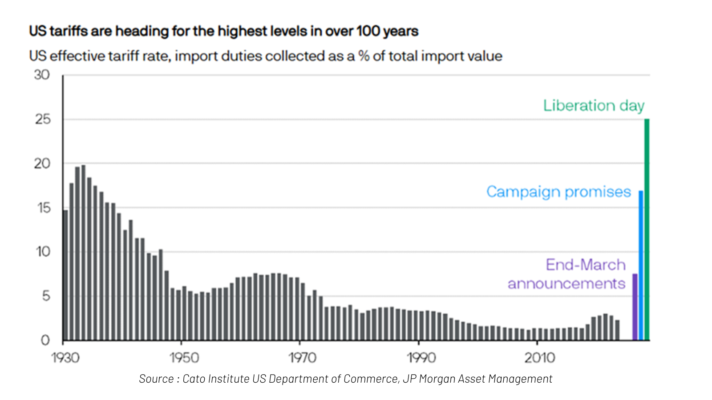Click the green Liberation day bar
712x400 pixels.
tap(647, 229)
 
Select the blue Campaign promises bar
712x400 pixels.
tap(641, 265)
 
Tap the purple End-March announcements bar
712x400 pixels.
tap(635, 307)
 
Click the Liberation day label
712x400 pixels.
tap(594, 106)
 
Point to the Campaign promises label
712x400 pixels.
tap(558, 192)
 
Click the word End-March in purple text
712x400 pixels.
tap(586, 265)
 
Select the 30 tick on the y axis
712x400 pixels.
tap(42, 75)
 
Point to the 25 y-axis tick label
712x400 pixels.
tap(43, 119)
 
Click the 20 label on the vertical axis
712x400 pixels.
tap(42, 164)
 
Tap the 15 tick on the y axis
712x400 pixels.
tap(44, 208)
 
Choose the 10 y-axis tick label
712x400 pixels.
tap(43, 252)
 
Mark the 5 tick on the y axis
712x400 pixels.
tap(46, 296)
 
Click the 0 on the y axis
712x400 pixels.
tap(45, 340)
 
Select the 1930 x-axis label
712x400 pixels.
tap(65, 358)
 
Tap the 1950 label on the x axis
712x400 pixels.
tap(184, 358)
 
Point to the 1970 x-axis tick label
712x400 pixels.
tap(302, 358)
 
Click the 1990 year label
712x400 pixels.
tap(421, 358)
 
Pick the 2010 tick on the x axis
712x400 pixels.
tap(539, 358)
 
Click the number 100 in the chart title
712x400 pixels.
tap(368, 31)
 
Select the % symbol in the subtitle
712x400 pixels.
tap(364, 56)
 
